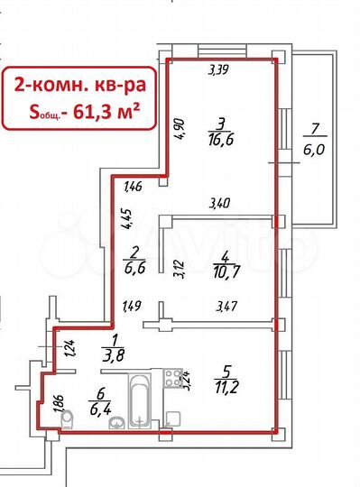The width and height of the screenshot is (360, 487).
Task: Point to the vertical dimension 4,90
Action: point(180,130)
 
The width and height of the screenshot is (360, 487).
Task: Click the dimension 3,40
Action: point(218,204)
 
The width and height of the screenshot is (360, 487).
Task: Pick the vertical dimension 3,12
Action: point(177,267)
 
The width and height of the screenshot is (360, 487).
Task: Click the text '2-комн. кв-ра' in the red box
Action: point(78,86)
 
